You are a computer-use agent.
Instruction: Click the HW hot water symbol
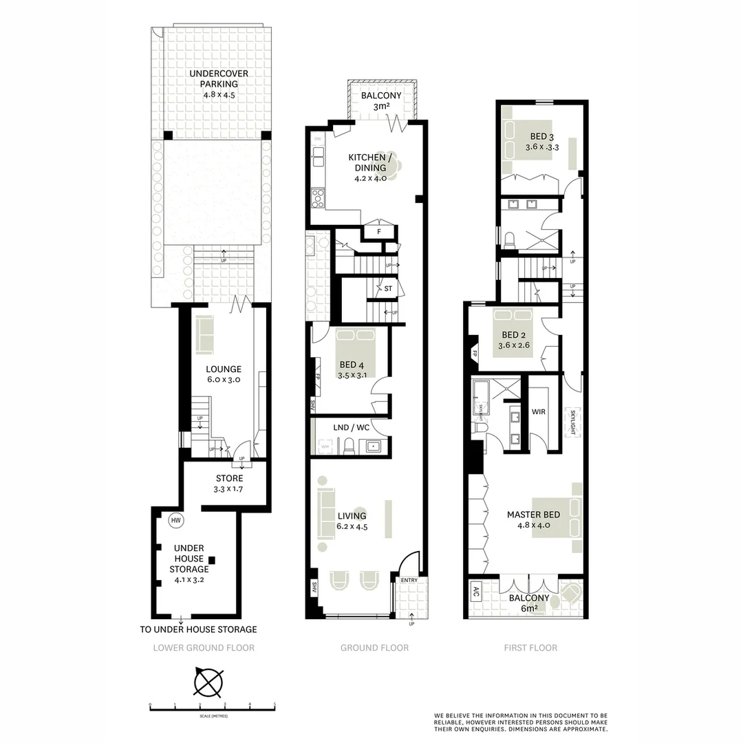[x=175, y=521]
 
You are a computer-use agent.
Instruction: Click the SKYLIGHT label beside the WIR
[x=572, y=422]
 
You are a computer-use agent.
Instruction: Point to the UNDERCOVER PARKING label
[x=219, y=78]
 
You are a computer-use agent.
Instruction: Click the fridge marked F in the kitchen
[x=379, y=232]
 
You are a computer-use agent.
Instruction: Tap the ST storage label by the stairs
[x=388, y=289]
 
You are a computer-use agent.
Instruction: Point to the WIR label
[x=539, y=412]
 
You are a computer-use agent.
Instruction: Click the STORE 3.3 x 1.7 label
[x=230, y=479]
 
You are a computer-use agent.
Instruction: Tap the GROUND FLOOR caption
[x=375, y=647]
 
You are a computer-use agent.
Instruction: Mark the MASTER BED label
[x=533, y=514]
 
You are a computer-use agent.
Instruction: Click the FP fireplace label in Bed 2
[x=475, y=354]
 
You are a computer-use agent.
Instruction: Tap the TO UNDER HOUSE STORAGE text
[x=198, y=629]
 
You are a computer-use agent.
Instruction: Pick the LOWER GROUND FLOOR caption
[x=204, y=647]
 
